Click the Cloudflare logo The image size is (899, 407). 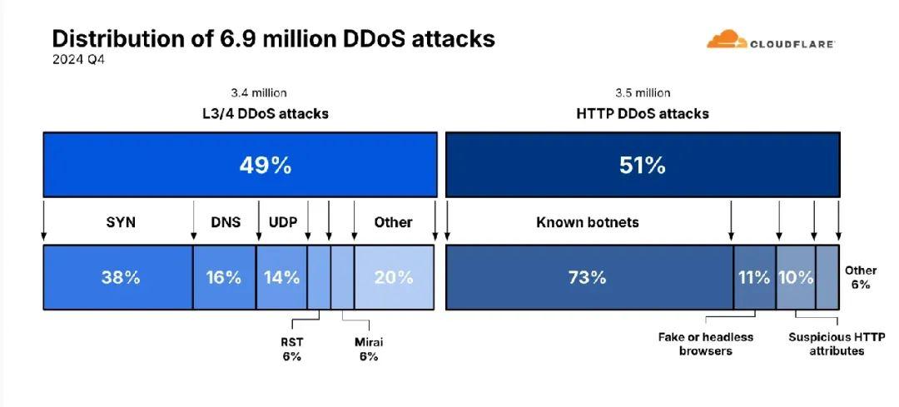[x=770, y=41]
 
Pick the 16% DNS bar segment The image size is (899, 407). [x=224, y=277]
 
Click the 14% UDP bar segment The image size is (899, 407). [x=281, y=277]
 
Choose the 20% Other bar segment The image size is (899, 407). [x=394, y=277]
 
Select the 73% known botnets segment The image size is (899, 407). [x=588, y=277]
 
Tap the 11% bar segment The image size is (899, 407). [x=754, y=277]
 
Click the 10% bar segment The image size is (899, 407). [x=796, y=277]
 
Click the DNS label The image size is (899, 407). [x=225, y=222]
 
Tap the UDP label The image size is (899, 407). [x=282, y=222]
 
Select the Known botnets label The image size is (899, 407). [x=588, y=222]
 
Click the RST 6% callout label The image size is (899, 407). [x=291, y=349]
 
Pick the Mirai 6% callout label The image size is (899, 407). [x=368, y=349]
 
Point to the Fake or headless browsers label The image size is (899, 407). [x=705, y=344]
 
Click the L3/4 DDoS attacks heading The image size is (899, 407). [x=259, y=113]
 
